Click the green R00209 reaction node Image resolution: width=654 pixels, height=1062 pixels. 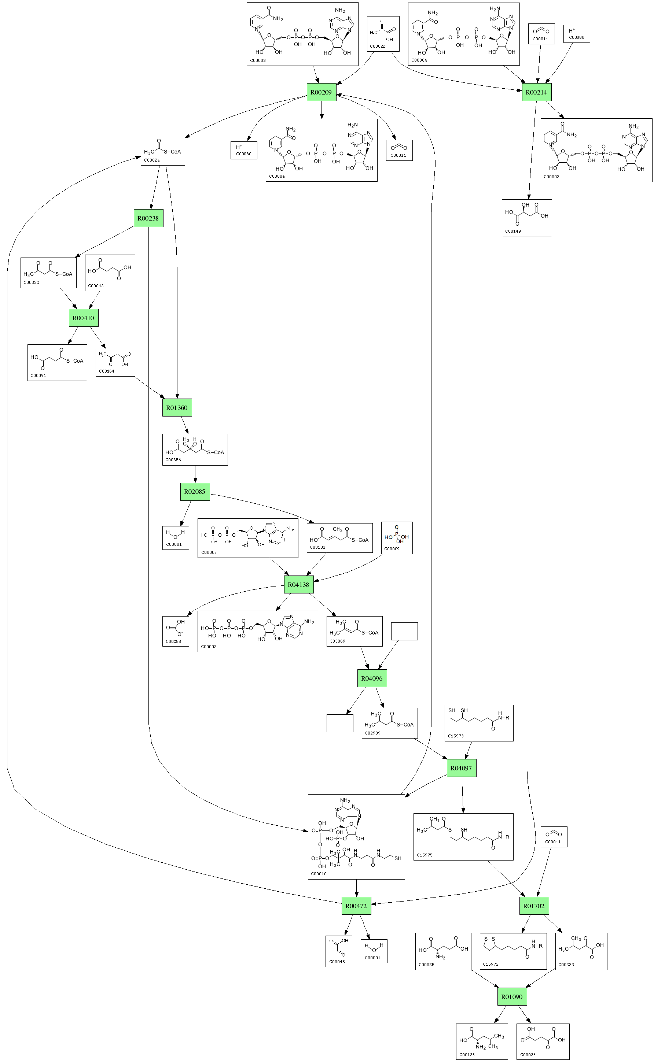pyautogui.click(x=322, y=92)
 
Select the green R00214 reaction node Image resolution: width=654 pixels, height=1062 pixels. pyautogui.click(x=536, y=92)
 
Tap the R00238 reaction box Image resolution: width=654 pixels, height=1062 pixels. pyautogui.click(x=148, y=218)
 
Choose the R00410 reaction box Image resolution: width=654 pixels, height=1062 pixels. pyautogui.click(x=83, y=318)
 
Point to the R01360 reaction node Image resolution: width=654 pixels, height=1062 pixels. pyautogui.click(x=177, y=408)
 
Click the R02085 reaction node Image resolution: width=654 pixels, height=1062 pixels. pyautogui.click(x=195, y=492)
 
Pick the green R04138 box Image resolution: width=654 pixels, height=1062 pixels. pyautogui.click(x=298, y=584)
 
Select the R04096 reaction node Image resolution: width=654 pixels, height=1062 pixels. pyautogui.click(x=372, y=678)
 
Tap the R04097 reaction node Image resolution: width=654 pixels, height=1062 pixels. pyautogui.click(x=461, y=768)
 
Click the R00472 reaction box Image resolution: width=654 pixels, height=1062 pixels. pyautogui.click(x=356, y=906)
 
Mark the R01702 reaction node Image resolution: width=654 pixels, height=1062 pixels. pyautogui.click(x=534, y=906)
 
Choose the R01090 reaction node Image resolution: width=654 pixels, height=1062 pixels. pyautogui.click(x=512, y=996)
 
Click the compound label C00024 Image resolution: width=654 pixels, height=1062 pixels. pyautogui.click(x=152, y=160)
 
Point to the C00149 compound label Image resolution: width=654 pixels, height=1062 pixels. pyautogui.click(x=513, y=231)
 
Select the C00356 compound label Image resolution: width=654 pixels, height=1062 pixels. pyautogui.click(x=173, y=459)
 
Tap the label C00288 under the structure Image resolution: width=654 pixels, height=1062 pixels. pyautogui.click(x=173, y=641)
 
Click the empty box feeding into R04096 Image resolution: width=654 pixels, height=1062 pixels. pyautogui.click(x=404, y=631)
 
